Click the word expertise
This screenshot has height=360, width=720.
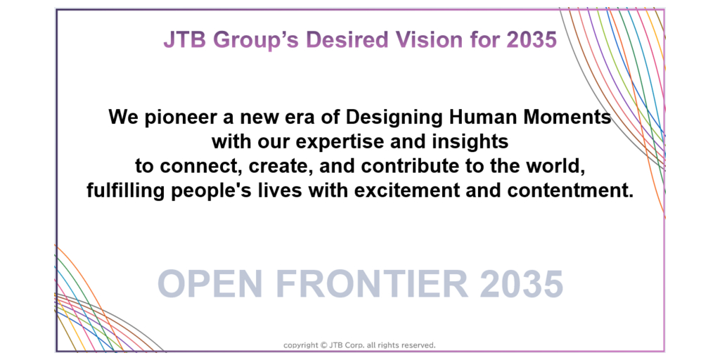(x=348, y=142)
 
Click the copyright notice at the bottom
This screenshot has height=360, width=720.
(x=359, y=345)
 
